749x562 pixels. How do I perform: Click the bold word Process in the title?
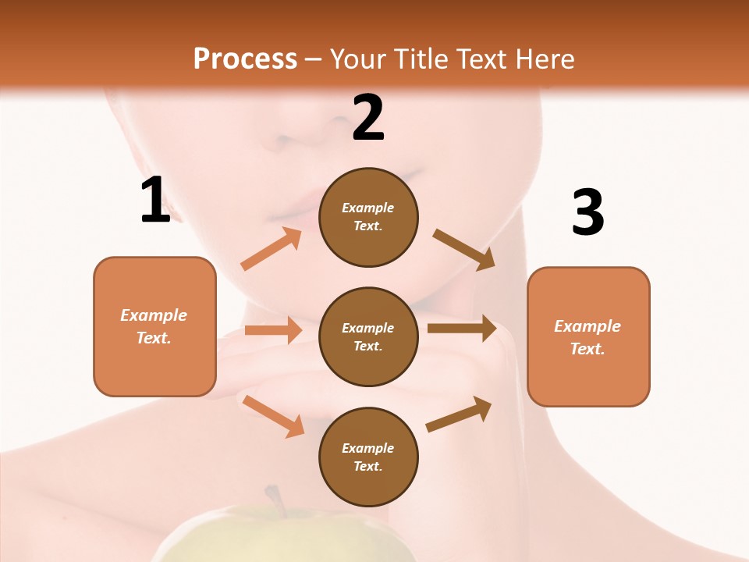(245, 59)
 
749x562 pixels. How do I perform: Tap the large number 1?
(155, 201)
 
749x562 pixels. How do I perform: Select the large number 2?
(368, 119)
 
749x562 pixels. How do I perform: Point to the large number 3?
(587, 213)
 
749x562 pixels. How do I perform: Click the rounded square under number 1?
(154, 326)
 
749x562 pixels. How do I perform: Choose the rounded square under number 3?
(588, 336)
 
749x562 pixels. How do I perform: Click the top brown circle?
(368, 217)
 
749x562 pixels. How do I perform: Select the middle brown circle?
(368, 336)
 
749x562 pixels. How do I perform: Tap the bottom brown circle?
(368, 457)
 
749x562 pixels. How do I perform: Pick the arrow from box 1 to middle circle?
(273, 329)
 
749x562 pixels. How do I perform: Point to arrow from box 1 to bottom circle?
(273, 416)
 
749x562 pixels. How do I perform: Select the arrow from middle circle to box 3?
(462, 328)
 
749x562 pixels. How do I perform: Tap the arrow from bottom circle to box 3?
(459, 414)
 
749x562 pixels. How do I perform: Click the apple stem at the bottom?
(274, 499)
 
